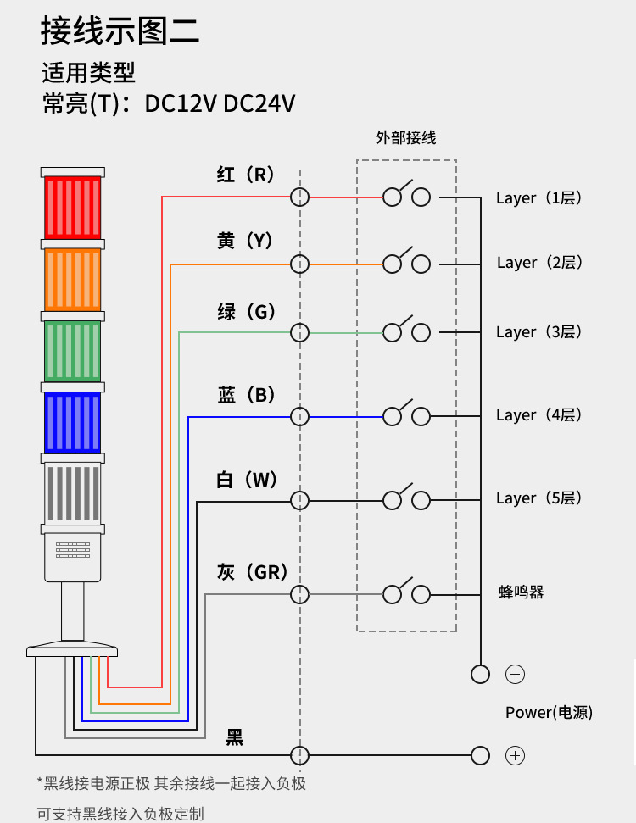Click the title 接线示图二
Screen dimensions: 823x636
(x=120, y=31)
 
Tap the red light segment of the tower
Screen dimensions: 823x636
(x=72, y=207)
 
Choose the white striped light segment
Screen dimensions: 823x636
(x=72, y=493)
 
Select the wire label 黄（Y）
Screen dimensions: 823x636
(x=245, y=242)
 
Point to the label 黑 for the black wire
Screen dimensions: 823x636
(x=235, y=737)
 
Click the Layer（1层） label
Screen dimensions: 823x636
(x=539, y=198)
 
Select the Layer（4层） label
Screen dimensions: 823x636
(x=539, y=415)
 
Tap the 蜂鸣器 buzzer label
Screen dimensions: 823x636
(x=522, y=592)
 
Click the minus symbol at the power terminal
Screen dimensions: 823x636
(x=515, y=675)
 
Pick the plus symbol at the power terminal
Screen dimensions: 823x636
(x=515, y=755)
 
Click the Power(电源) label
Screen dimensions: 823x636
(x=549, y=713)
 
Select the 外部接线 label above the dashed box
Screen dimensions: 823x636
(x=406, y=137)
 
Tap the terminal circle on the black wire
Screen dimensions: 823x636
(x=299, y=755)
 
